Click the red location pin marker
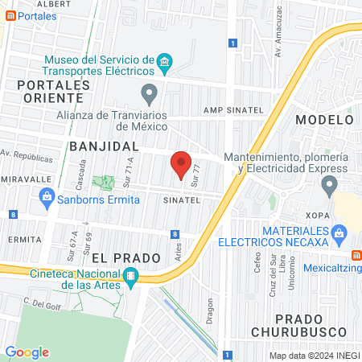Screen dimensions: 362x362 pos(181,164)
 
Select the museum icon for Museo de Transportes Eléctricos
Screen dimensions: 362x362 pos(165,62)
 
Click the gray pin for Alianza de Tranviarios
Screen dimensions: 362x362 pos(149,93)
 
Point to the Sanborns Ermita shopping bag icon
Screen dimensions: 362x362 pos(47,195)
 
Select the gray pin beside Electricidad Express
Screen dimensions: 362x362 pos(328,187)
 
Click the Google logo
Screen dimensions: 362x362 pos(27,352)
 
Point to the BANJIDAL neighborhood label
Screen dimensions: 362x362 pos(105,147)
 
